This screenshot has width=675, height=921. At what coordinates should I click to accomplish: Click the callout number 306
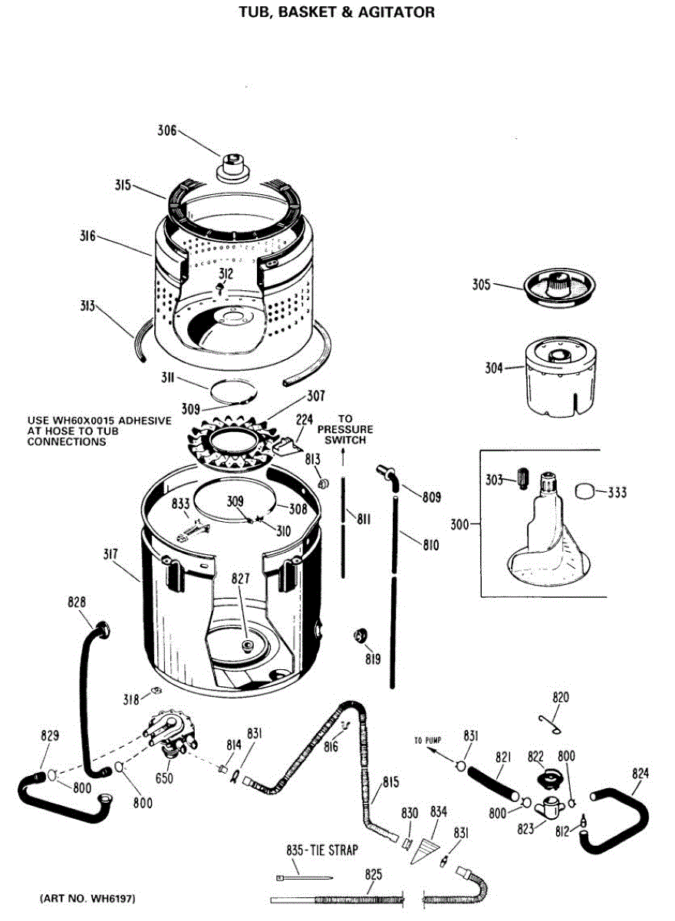point(167,130)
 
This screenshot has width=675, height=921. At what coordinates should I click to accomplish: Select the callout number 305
point(481,286)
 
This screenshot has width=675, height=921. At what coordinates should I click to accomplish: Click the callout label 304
point(493,368)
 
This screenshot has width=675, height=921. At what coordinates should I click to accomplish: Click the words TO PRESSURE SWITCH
point(345,430)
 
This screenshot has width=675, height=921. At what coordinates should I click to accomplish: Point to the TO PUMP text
point(430,741)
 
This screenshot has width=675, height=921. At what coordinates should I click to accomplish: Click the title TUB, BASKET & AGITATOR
point(337,12)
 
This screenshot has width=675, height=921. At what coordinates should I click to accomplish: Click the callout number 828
point(77,602)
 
